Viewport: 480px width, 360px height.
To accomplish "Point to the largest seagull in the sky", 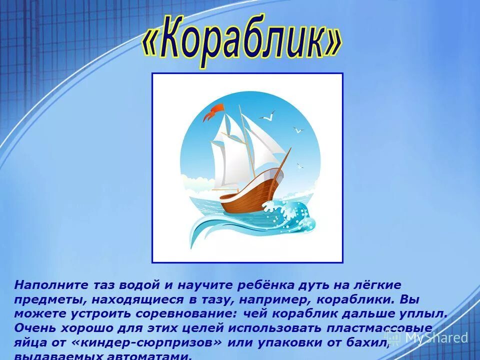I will pos(267,116).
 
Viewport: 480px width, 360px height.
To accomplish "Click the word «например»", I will pos(266,300).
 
